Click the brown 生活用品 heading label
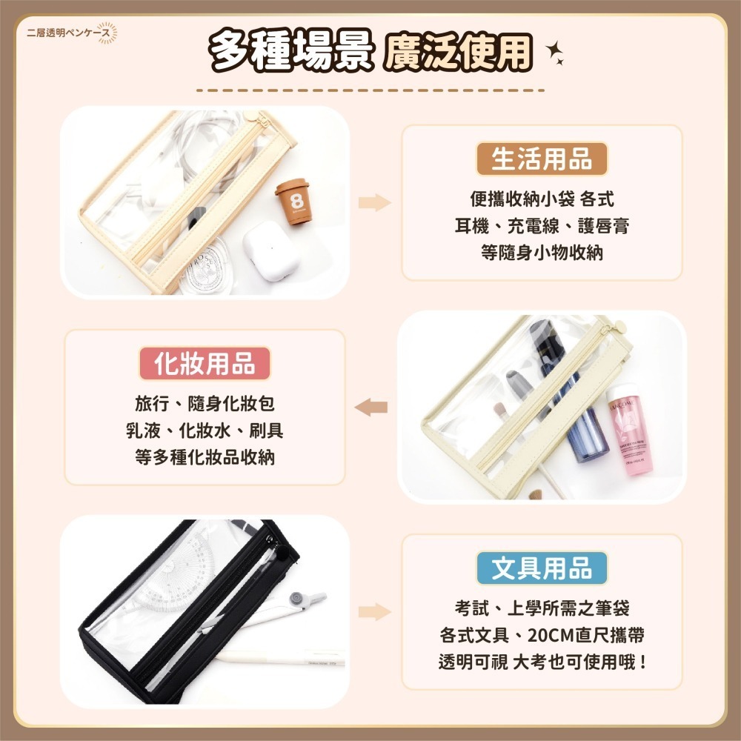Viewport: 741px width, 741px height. [542, 159]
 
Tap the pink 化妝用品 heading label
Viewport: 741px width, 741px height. [205, 364]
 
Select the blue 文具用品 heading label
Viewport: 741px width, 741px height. [542, 568]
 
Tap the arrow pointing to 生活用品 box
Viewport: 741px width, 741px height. [375, 202]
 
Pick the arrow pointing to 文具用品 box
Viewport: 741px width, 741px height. [375, 611]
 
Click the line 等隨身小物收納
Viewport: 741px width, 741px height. [542, 253]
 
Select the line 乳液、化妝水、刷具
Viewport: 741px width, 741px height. [205, 431]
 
